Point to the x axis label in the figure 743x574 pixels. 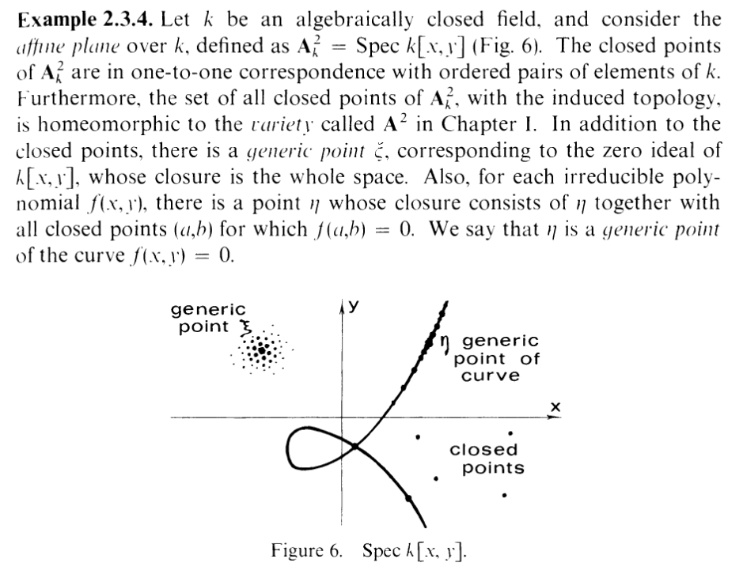click(x=555, y=406)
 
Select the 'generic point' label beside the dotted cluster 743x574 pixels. click(x=209, y=318)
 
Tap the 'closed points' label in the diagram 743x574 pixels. click(x=487, y=459)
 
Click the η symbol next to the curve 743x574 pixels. click(x=445, y=341)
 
